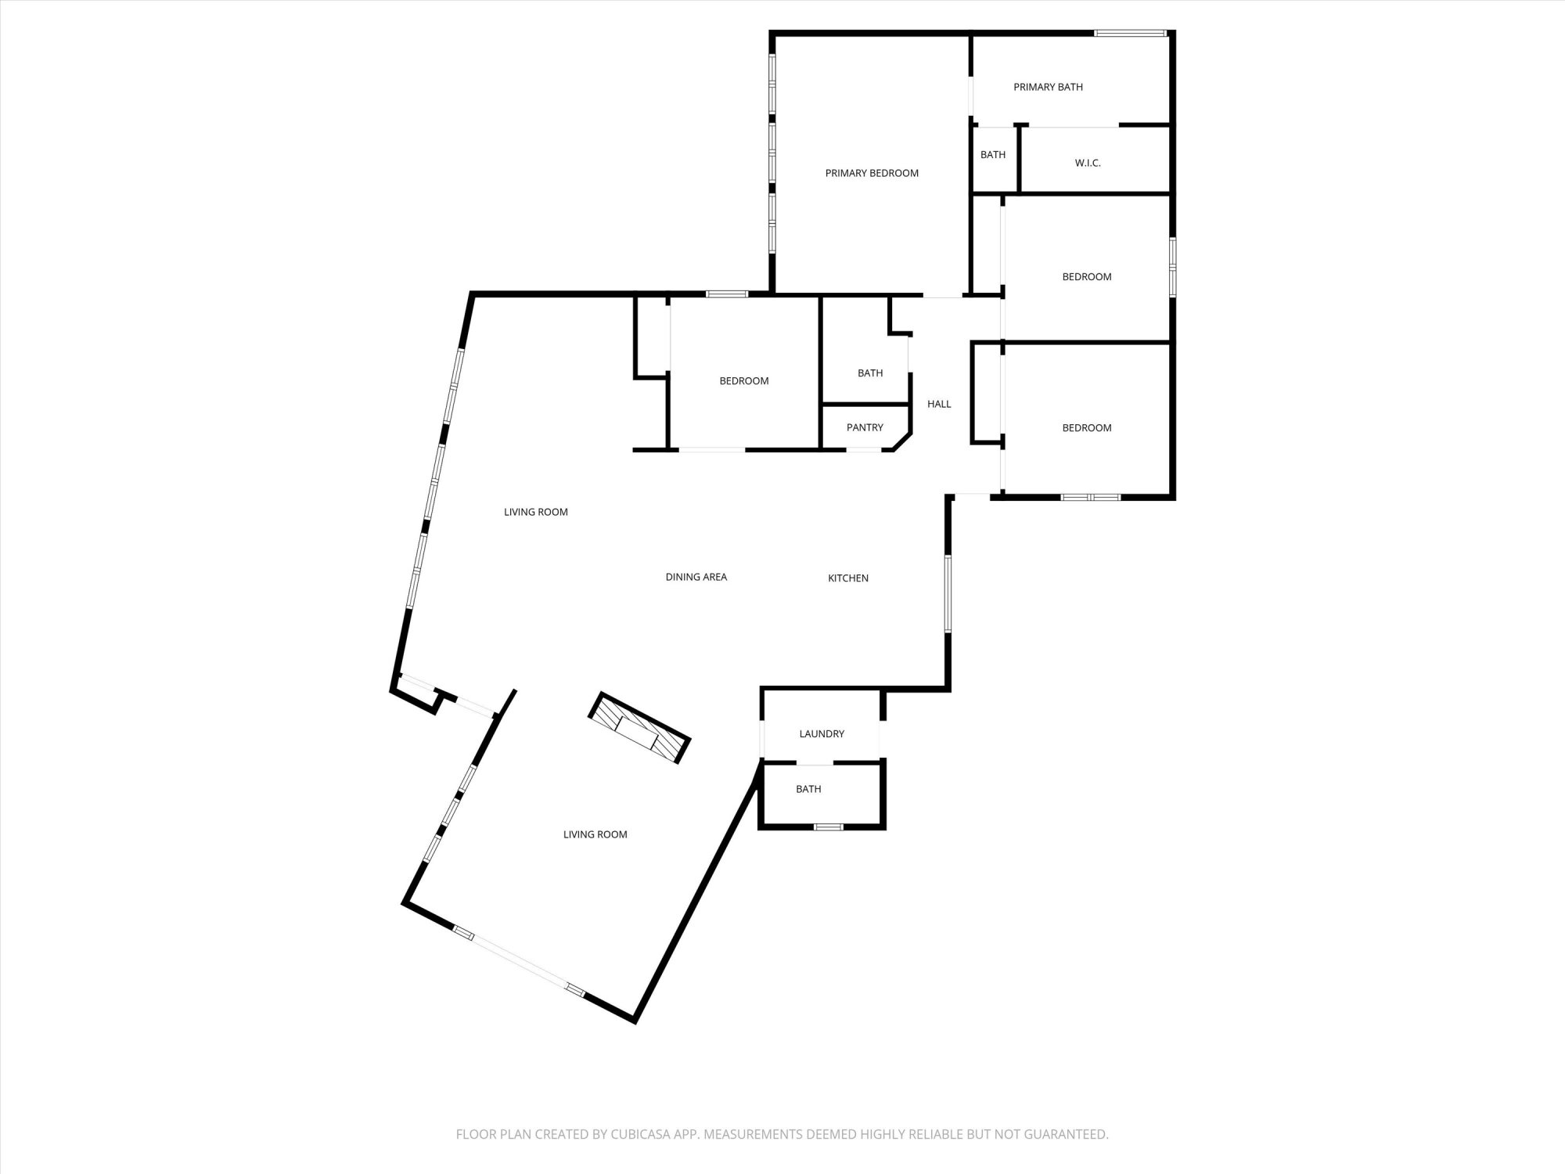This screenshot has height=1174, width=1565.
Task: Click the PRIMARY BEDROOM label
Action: coord(872,173)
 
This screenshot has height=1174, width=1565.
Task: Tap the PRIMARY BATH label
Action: coord(1048,87)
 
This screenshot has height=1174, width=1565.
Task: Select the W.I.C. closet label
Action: coord(1088,163)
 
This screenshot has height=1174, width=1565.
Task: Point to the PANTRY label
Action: coord(865,427)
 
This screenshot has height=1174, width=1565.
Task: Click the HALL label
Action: coord(939,404)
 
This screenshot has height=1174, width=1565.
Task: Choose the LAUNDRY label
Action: coord(822,733)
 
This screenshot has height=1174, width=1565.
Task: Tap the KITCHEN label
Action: coord(848,578)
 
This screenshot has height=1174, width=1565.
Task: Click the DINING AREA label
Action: coord(696,577)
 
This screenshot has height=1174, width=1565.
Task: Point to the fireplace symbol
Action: coord(639,728)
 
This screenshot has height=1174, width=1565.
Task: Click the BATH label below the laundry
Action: coord(808,789)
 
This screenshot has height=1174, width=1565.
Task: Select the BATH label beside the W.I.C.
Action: coord(993,154)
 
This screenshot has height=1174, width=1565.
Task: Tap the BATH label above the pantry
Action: coord(870,373)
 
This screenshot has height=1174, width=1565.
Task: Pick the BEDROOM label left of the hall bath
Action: coord(744,381)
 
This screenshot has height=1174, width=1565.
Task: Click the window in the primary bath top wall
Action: coord(1131,33)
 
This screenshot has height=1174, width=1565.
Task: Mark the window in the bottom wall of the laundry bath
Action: coord(829,826)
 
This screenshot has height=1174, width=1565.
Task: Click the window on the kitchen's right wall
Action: coord(947,593)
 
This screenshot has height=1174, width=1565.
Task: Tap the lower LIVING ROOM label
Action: coord(595,834)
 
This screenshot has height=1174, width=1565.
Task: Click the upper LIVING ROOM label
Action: coord(536,512)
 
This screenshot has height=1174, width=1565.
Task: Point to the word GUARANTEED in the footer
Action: coord(1067,1134)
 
